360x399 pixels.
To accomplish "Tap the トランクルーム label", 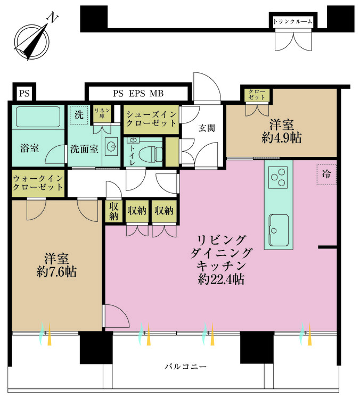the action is [293, 22].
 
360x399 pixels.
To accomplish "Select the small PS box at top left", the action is [24, 93].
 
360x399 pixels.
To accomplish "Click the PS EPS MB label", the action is [138, 94].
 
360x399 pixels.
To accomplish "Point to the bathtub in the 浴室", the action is [38, 117].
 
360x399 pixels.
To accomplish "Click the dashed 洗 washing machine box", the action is [79, 115].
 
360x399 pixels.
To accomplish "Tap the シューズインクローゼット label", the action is [152, 119].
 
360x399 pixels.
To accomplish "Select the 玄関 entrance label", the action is [207, 128].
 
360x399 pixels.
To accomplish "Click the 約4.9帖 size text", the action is [282, 138].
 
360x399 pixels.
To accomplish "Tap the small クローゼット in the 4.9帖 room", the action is [257, 95].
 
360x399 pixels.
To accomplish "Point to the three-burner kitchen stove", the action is [278, 177].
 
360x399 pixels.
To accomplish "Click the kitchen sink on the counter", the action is [279, 230].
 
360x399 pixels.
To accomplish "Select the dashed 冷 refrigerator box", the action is [326, 174].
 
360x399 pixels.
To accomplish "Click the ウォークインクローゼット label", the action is [38, 182].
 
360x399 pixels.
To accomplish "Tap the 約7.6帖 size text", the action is [56, 272].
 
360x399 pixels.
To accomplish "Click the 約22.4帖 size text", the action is [221, 279].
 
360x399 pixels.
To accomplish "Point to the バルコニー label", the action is [185, 367].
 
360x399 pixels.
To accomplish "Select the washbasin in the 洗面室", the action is [111, 147].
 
